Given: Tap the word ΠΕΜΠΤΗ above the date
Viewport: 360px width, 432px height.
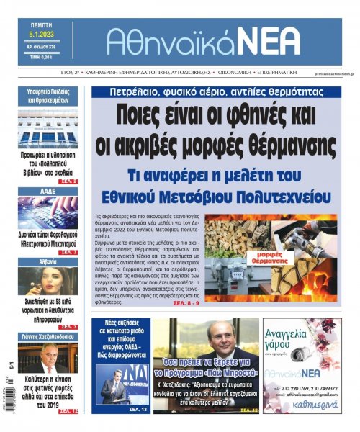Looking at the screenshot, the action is (45, 23).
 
